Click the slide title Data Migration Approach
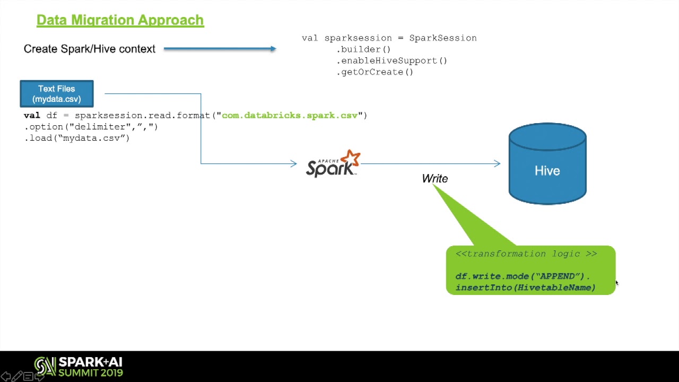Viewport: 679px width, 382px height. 120,20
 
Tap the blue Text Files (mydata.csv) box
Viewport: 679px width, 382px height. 57,94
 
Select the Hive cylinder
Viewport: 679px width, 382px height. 547,164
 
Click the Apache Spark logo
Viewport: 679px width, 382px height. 333,164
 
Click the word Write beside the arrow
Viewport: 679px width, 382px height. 435,179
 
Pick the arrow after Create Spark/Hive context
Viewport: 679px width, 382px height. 220,49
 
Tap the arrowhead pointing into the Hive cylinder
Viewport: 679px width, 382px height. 497,163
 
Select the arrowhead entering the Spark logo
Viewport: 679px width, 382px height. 293,163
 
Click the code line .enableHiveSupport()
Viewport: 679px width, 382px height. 391,60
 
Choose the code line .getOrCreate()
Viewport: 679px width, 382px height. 375,72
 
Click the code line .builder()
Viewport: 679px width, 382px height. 363,49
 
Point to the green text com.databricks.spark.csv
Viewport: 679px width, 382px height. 290,115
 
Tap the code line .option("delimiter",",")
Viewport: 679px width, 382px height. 91,127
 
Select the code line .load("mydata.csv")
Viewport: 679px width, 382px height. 77,138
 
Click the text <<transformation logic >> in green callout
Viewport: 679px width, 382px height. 526,254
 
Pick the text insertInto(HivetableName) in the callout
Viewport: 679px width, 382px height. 525,288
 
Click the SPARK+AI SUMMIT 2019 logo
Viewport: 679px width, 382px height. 79,367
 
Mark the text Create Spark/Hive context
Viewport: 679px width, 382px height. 90,49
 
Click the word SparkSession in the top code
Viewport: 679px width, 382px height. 443,38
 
